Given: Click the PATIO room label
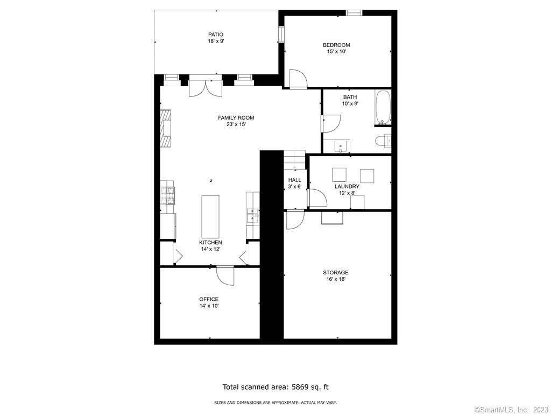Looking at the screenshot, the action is (x=216, y=34).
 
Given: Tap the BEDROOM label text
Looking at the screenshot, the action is (x=336, y=45).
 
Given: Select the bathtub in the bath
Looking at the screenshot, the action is (x=383, y=108).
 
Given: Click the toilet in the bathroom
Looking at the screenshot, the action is (x=383, y=141).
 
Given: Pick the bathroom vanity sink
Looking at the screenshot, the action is (x=341, y=146).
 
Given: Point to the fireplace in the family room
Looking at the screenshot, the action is (x=166, y=128).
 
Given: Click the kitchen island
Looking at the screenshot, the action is (x=210, y=217).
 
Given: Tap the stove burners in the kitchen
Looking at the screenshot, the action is (x=168, y=196).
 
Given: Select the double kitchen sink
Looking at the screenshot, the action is (x=253, y=216).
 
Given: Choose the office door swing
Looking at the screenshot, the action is (x=225, y=275).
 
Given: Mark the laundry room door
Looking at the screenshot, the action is (x=317, y=198).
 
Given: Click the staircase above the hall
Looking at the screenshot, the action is (x=294, y=160).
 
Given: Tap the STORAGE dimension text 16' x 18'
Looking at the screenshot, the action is (x=336, y=279).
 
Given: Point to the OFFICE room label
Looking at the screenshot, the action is (x=209, y=299).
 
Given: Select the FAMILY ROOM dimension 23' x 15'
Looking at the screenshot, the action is (x=236, y=125).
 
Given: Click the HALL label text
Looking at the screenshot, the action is (x=294, y=180).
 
